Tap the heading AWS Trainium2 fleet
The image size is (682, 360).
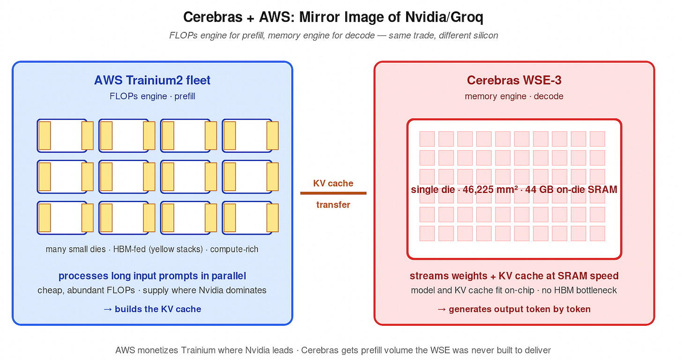(x=152, y=80)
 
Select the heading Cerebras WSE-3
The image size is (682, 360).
(x=514, y=80)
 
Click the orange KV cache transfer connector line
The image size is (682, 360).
(x=333, y=193)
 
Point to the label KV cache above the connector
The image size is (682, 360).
(x=333, y=183)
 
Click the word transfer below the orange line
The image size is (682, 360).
(x=333, y=205)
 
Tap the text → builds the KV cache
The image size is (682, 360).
(x=152, y=309)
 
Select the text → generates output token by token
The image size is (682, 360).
(x=514, y=309)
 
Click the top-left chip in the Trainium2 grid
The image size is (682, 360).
(x=62, y=135)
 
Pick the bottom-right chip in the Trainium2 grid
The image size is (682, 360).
(x=247, y=218)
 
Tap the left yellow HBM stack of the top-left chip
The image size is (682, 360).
(x=44, y=135)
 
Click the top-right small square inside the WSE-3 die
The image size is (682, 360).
(x=597, y=139)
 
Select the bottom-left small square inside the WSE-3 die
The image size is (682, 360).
(x=427, y=233)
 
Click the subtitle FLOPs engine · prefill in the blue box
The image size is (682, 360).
(x=152, y=96)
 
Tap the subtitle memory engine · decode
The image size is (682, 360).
(x=514, y=96)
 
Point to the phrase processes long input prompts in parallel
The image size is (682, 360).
(x=152, y=276)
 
